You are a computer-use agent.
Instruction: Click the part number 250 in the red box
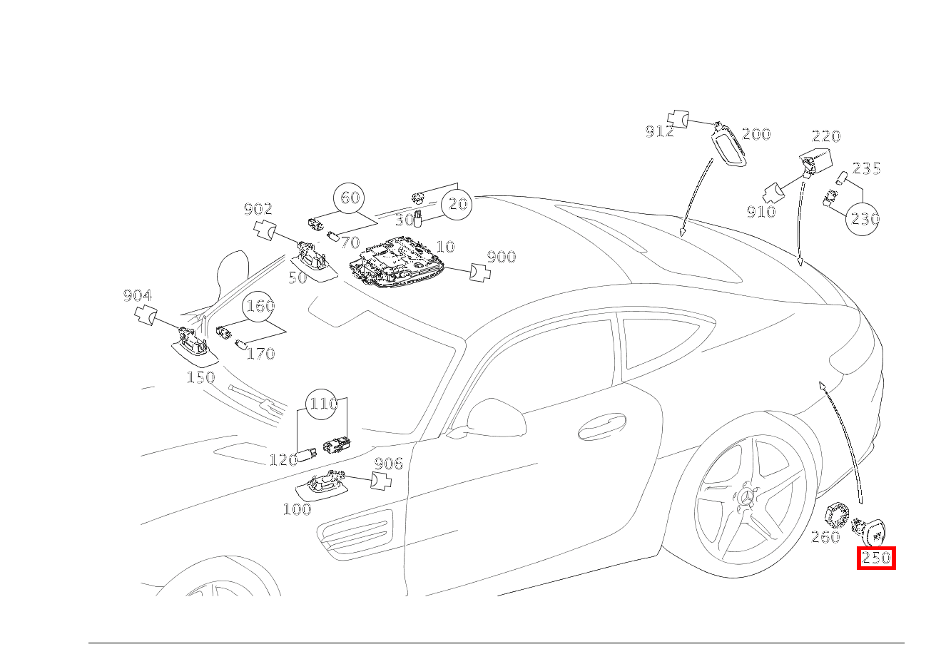(876, 558)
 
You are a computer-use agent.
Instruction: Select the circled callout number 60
(349, 198)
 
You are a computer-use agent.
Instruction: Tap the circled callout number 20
(457, 205)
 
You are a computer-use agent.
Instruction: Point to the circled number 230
(863, 219)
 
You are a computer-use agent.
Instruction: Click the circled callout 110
(322, 404)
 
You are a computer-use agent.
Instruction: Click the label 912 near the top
(658, 131)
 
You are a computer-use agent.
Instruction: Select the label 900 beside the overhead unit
(501, 257)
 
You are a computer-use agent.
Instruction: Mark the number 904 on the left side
(137, 295)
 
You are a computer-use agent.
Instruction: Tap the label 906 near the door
(388, 464)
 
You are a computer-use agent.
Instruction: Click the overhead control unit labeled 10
(396, 266)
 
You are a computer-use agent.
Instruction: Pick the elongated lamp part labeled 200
(728, 145)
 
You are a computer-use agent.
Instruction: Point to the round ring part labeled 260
(835, 515)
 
